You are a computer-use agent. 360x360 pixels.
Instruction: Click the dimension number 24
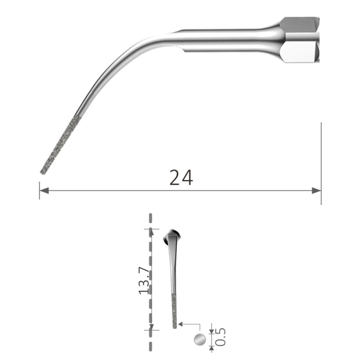tap(181, 178)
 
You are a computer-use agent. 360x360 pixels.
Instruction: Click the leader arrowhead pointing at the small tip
tap(181, 324)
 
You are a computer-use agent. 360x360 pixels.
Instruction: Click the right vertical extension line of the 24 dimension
tap(321, 160)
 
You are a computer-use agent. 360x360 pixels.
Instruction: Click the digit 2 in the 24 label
tap(175, 178)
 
